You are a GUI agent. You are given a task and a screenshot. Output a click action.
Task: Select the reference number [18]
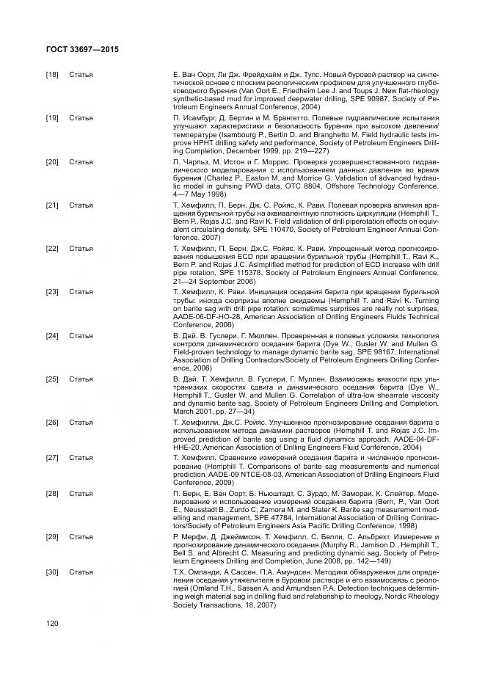pyautogui.click(x=52, y=75)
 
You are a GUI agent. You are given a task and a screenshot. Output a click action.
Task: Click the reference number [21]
pyautogui.click(x=52, y=205)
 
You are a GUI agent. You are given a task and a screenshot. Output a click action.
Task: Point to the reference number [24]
pyautogui.click(x=52, y=335)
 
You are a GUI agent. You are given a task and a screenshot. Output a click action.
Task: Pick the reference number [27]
pyautogui.click(x=52, y=457)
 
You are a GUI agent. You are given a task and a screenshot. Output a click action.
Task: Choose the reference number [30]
pyautogui.click(x=52, y=572)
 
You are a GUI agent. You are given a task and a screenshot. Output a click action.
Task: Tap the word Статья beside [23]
pyautogui.click(x=81, y=292)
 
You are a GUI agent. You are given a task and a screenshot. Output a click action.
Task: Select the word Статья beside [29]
pyautogui.click(x=81, y=538)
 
